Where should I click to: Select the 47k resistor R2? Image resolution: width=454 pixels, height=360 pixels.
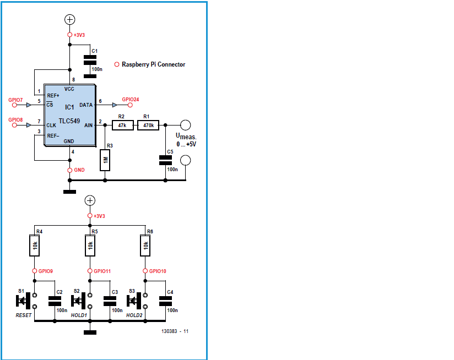[x=122, y=126]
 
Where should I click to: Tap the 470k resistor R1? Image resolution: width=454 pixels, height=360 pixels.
[x=148, y=126]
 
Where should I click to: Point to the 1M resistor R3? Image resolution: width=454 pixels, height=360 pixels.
[x=105, y=161]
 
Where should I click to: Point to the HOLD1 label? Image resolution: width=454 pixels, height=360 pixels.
[x=80, y=315]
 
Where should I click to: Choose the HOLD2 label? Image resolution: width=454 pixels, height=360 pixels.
[x=134, y=315]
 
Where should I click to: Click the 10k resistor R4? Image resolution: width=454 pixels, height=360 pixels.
[x=34, y=246]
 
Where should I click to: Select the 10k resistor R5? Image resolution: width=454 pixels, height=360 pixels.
[x=90, y=246]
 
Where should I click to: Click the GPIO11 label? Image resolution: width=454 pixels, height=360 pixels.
[x=102, y=271]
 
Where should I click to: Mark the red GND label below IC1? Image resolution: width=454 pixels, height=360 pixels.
[x=79, y=171]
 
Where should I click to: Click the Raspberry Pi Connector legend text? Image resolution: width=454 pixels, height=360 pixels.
[x=153, y=64]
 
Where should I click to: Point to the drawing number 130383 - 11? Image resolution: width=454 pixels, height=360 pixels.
[x=175, y=331]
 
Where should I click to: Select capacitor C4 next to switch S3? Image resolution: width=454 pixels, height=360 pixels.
[x=166, y=301]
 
